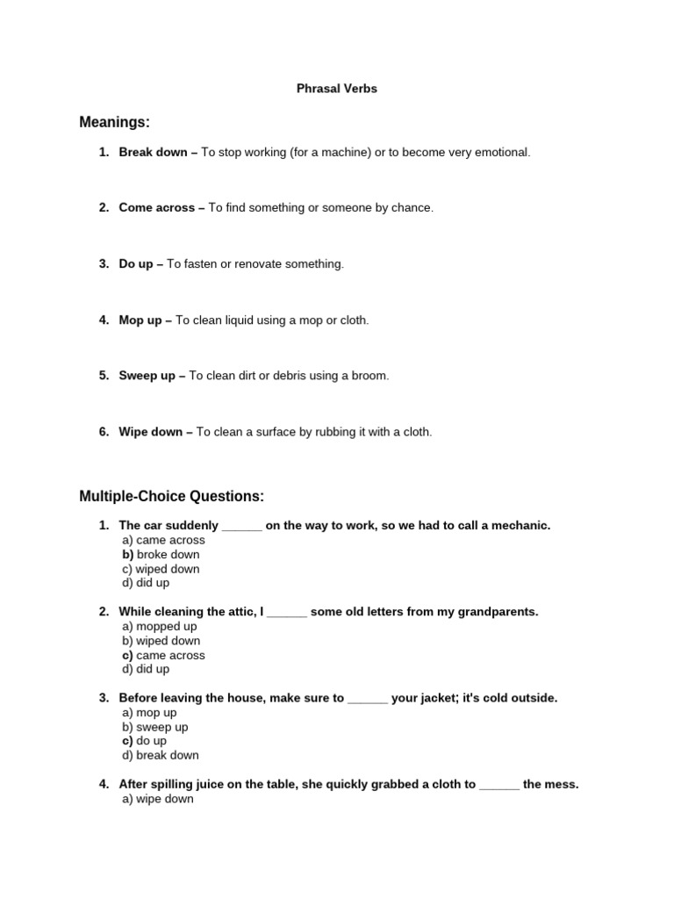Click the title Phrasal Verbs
click(x=336, y=89)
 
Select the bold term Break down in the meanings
click(x=153, y=152)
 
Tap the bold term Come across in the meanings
click(x=157, y=208)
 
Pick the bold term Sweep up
click(x=147, y=376)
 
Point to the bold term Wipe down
click(x=151, y=432)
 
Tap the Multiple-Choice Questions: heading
click(x=172, y=497)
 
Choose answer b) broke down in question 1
click(x=161, y=555)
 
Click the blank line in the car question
click(x=242, y=526)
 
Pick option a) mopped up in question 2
click(x=160, y=627)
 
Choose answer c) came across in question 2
click(x=163, y=655)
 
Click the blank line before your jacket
click(x=368, y=699)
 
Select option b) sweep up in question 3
click(x=155, y=727)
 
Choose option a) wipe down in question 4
click(x=158, y=799)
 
